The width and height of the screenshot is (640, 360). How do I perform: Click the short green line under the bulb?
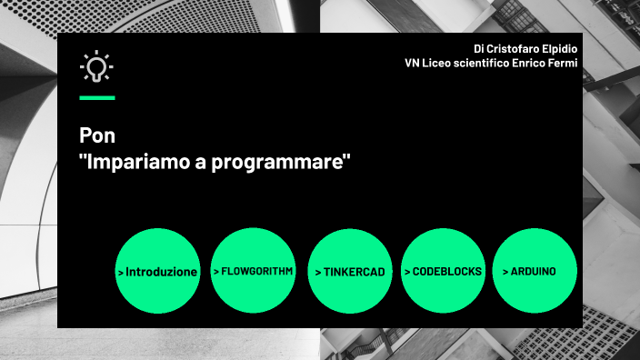(x=97, y=97)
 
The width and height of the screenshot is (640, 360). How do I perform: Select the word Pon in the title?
(x=93, y=137)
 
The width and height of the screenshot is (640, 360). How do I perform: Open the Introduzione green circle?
(x=158, y=271)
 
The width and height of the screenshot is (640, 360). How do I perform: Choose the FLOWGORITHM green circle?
(x=254, y=271)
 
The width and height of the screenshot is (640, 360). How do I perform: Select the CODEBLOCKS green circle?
(x=443, y=271)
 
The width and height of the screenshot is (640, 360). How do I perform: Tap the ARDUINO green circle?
(x=535, y=271)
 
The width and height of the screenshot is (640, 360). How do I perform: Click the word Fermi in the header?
(x=562, y=64)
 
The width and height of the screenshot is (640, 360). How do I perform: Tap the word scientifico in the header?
(x=482, y=64)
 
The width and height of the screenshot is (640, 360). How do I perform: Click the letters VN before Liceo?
(x=413, y=64)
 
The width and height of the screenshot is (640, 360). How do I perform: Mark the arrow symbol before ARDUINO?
(x=505, y=272)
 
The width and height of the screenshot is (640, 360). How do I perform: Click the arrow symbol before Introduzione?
(x=121, y=272)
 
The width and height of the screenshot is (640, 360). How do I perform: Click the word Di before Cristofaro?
(x=479, y=48)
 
